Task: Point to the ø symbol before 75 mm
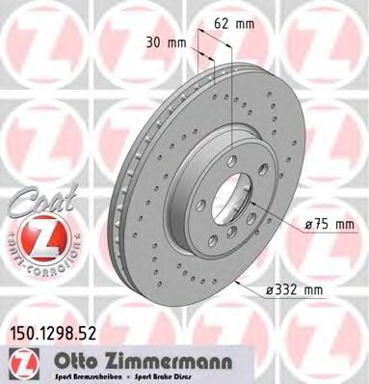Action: tap(310, 225)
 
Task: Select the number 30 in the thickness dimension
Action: tap(153, 42)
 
